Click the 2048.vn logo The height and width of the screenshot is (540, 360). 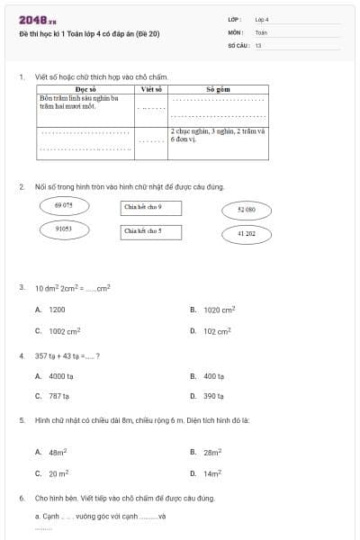(38, 20)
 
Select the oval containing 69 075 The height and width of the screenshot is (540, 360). (64, 206)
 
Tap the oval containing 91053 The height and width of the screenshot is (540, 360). (64, 229)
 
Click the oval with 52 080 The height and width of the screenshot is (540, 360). (247, 210)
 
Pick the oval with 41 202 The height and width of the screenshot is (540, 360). (247, 234)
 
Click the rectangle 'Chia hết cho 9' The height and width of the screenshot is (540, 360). (151, 208)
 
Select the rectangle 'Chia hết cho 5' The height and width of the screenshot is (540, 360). (151, 231)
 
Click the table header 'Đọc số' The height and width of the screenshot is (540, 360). (86, 90)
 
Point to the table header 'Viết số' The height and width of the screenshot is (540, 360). (151, 90)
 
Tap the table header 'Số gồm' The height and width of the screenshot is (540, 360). (218, 90)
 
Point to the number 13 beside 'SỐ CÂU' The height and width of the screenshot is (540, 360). (258, 44)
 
